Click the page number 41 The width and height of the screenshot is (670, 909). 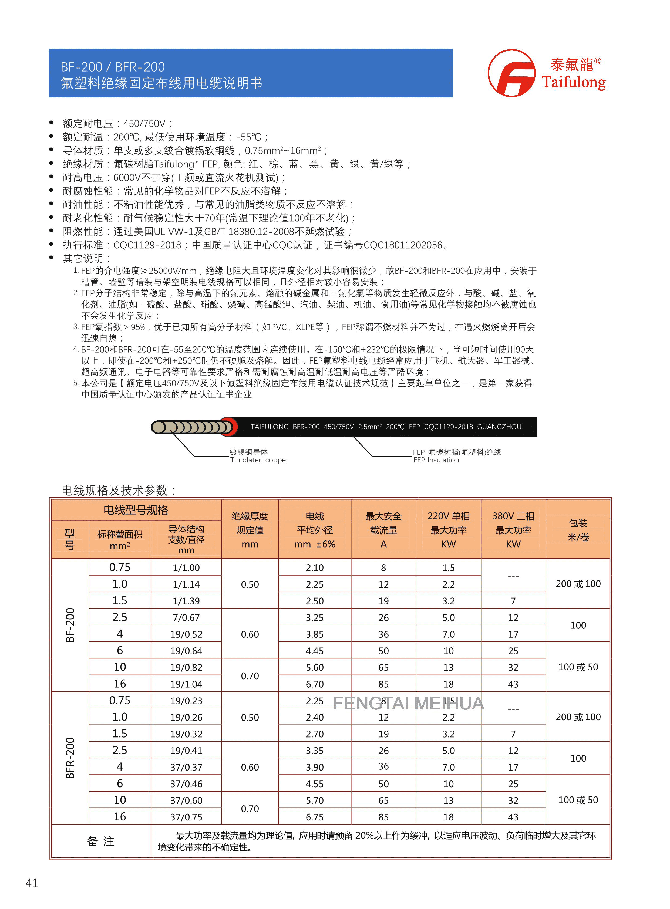coord(32,883)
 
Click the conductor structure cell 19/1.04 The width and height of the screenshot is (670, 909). coord(186,684)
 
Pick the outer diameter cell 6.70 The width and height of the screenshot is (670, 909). coord(315,684)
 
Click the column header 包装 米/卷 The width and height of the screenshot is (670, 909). coord(578,530)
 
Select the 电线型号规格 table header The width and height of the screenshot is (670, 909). coord(136,510)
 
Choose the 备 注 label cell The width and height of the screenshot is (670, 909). coord(100,841)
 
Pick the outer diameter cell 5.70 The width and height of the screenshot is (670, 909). coord(315,801)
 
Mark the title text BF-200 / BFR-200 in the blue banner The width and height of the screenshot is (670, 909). coord(113,67)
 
